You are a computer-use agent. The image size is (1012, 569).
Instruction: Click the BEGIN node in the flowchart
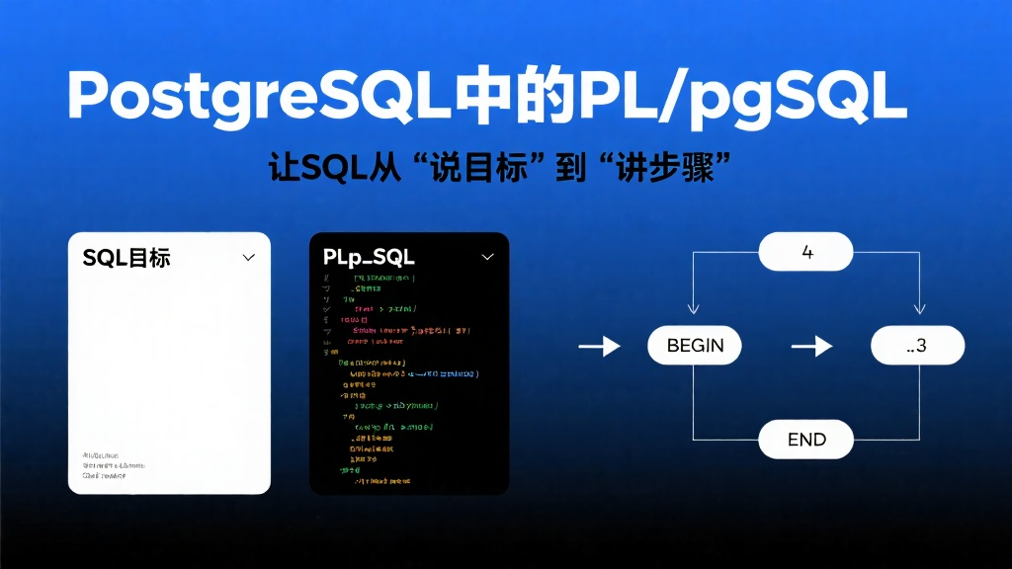pyautogui.click(x=695, y=346)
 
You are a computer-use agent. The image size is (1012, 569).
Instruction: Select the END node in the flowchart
pyautogui.click(x=806, y=439)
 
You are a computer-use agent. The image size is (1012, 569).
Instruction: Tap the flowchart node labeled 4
pyautogui.click(x=806, y=252)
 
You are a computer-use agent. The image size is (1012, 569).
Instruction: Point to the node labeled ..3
pyautogui.click(x=917, y=346)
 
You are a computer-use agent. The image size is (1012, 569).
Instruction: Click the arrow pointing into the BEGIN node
pyautogui.click(x=599, y=346)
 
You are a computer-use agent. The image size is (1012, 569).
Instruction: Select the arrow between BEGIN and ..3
pyautogui.click(x=811, y=346)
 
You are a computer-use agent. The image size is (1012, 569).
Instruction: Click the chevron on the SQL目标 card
pyautogui.click(x=248, y=257)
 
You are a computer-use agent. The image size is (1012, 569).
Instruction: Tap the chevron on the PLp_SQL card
pyautogui.click(x=487, y=257)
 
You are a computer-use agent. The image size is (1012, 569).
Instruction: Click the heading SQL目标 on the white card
pyautogui.click(x=126, y=258)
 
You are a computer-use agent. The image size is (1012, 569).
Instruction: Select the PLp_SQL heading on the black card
pyautogui.click(x=369, y=258)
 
